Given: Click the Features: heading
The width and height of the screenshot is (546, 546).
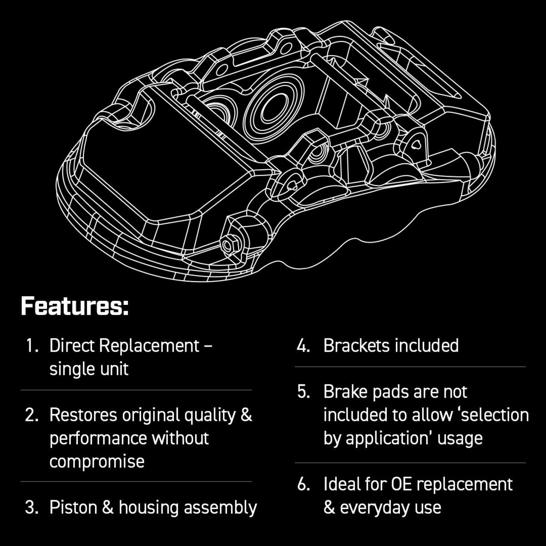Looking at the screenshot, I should click(x=75, y=306).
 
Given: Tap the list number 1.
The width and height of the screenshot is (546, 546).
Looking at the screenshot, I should click(x=31, y=346).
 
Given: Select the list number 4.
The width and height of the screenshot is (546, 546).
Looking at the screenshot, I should click(x=303, y=346).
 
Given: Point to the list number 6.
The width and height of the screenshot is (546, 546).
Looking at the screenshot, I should click(x=303, y=484).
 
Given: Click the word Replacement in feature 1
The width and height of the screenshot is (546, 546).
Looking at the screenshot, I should click(x=149, y=346).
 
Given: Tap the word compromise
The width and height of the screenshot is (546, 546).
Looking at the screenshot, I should click(x=97, y=461).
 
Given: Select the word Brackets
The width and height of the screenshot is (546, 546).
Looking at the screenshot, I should click(x=356, y=346).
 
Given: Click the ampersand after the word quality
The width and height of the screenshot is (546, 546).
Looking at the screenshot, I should click(x=246, y=415).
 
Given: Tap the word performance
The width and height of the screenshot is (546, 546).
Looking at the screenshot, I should click(x=98, y=438).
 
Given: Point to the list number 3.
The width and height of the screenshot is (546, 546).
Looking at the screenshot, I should click(x=31, y=507).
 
